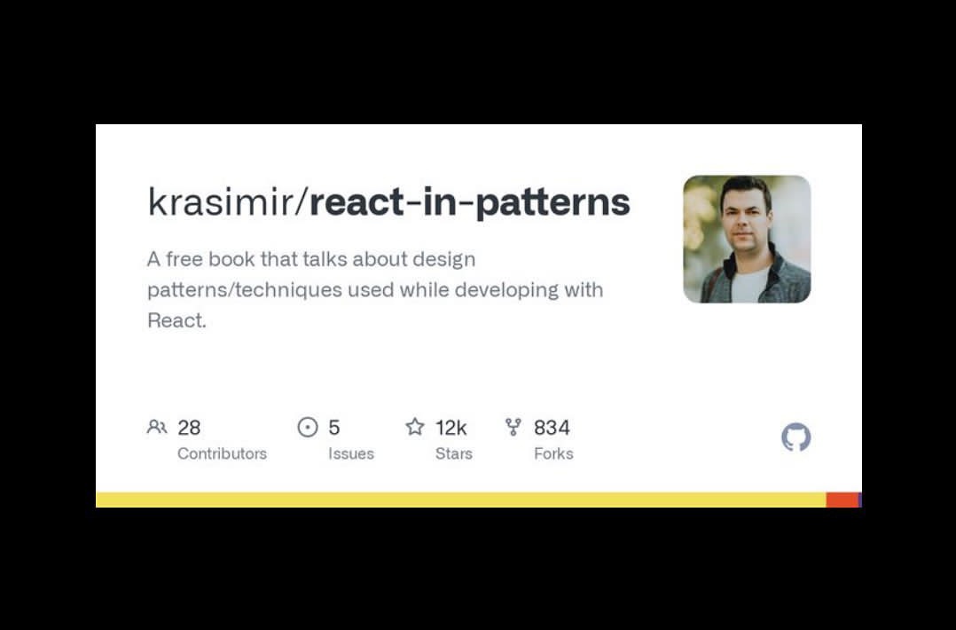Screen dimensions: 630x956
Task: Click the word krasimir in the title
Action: (224, 203)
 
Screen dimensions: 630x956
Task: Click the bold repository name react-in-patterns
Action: (469, 203)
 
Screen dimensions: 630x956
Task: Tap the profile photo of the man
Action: (747, 239)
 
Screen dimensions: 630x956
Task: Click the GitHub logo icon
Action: (795, 437)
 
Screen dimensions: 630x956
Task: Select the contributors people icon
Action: (157, 428)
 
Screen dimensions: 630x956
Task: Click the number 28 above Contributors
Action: (189, 428)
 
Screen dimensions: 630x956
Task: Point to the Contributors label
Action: (222, 453)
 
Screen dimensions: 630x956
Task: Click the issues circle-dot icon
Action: (307, 428)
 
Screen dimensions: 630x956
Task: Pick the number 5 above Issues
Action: (334, 428)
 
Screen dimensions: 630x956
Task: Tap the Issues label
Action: (351, 453)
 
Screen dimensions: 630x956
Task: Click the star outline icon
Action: (415, 428)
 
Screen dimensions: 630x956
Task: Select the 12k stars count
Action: (451, 428)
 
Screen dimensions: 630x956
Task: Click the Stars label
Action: (453, 453)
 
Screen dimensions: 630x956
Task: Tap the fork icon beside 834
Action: (513, 428)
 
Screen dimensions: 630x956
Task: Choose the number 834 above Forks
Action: (552, 428)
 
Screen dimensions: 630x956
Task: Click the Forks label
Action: (553, 453)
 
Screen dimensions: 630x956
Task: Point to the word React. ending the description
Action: (176, 320)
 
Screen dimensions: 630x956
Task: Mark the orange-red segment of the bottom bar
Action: (842, 500)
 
